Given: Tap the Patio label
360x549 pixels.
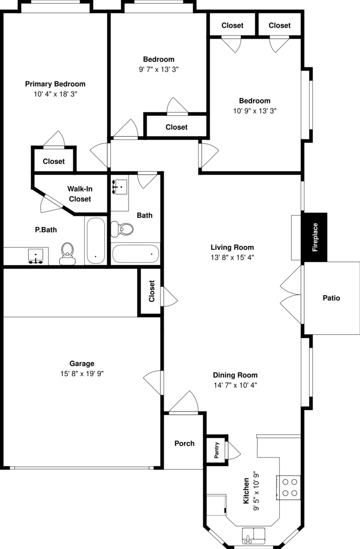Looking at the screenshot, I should click(331, 298).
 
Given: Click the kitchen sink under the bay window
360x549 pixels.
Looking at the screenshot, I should click(254, 535).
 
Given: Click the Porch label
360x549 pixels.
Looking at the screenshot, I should click(184, 443).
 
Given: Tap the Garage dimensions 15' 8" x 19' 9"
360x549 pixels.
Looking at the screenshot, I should click(82, 374).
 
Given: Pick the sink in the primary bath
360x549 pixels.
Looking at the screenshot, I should click(35, 255).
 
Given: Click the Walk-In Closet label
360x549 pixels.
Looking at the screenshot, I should click(80, 194).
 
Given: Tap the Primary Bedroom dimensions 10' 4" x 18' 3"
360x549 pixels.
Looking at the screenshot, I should click(55, 94).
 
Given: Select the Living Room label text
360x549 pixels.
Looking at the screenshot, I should click(232, 247).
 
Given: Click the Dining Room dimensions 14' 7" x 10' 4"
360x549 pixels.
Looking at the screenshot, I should click(235, 385).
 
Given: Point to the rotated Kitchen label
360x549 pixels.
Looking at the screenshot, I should click(246, 490).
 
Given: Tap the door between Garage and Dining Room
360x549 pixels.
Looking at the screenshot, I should click(154, 383).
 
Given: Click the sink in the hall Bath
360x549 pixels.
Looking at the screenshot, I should click(120, 188).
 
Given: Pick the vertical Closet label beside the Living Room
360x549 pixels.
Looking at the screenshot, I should click(152, 291).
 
